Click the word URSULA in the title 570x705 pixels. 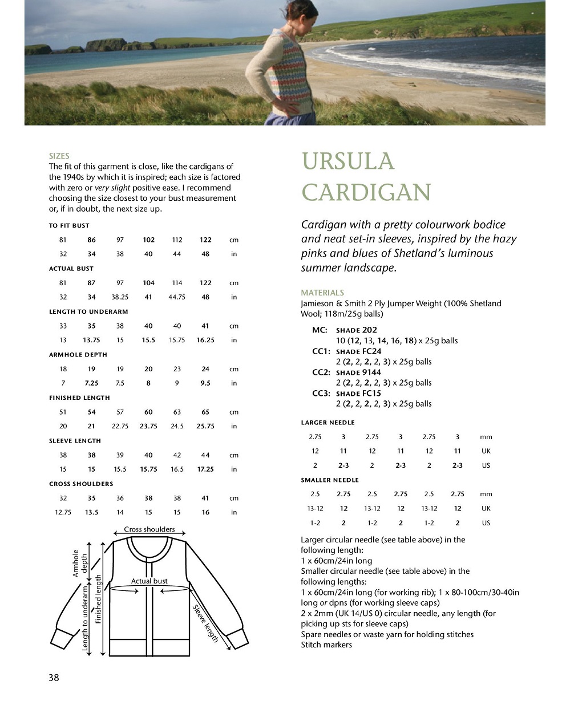(348, 161)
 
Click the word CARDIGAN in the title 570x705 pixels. (366, 192)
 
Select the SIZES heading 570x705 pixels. (59, 156)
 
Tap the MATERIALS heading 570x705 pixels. (322, 293)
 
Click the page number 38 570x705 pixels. (54, 678)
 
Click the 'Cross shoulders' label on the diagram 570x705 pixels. (149, 529)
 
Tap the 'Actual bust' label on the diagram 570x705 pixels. (149, 581)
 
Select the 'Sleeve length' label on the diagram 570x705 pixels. (206, 623)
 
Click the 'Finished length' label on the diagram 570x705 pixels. (98, 599)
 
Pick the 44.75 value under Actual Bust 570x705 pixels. (177, 297)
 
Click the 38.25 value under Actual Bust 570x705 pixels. (120, 297)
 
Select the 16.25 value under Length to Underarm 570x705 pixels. (205, 340)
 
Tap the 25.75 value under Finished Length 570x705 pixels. (205, 426)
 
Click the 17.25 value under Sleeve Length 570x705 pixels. (205, 469)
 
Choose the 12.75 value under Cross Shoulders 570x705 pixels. (63, 512)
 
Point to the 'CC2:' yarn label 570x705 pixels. (321, 372)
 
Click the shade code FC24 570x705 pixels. (371, 351)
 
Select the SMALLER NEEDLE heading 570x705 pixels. (330, 480)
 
